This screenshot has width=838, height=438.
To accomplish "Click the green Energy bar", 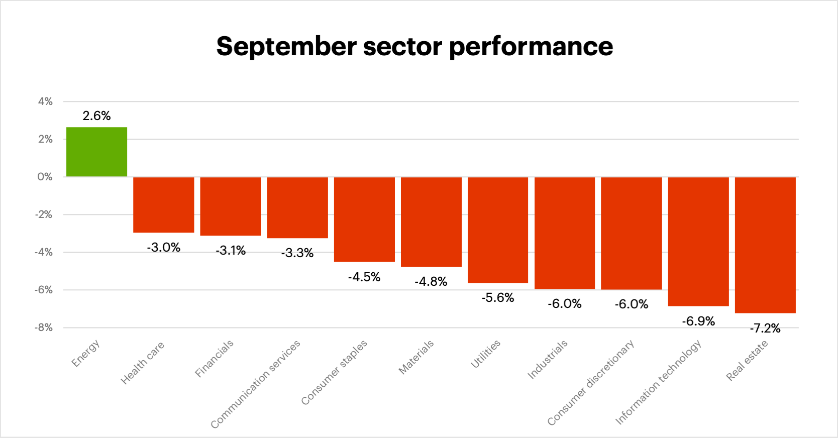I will (x=96, y=152).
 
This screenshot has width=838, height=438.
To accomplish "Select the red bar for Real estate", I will (x=765, y=245).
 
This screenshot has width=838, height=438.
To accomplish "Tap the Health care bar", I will (x=163, y=204).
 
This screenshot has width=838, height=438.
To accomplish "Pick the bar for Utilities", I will (x=497, y=230).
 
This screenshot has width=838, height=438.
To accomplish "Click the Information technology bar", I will (x=698, y=241).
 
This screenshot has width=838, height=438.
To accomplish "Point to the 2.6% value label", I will (x=96, y=116).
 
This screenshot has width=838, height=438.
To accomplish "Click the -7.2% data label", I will (x=765, y=328).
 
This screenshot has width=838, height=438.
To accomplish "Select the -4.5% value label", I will (x=364, y=277).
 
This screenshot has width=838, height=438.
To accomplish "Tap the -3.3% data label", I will (x=297, y=253).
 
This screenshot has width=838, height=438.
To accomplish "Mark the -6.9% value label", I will (x=698, y=321).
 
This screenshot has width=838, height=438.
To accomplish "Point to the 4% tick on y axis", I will (x=45, y=101).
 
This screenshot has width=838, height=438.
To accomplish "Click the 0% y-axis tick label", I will (x=45, y=177).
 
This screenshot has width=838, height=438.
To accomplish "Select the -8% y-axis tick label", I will (x=43, y=327).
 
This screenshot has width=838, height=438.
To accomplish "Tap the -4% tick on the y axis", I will (x=43, y=252).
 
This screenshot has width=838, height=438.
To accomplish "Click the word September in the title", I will (x=286, y=47).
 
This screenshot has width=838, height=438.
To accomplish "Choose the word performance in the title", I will (x=531, y=47).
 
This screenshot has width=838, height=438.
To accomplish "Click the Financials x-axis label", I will (x=215, y=358).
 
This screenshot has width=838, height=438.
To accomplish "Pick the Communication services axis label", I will (x=255, y=384).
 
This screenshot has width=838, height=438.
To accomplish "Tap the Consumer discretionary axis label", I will (x=590, y=383).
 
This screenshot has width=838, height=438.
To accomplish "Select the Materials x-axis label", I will (x=416, y=357).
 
